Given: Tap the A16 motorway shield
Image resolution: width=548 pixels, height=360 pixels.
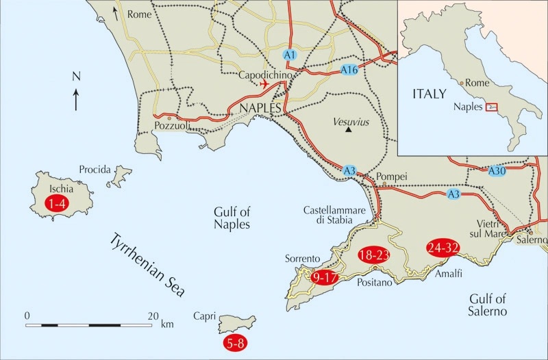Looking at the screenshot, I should point(349,70).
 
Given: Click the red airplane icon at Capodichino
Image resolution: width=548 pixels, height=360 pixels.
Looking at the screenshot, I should point(264,83).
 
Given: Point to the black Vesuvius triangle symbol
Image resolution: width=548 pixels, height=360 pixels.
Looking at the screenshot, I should point(349,129).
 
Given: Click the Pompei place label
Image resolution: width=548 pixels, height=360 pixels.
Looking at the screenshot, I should point(392,177).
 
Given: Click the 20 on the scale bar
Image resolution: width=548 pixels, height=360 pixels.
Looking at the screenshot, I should point(153,316).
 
